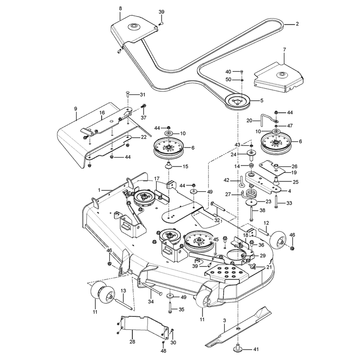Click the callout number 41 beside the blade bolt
(256, 349)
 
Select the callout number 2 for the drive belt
(297, 24)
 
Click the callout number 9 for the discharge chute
(76, 109)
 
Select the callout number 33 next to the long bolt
(289, 203)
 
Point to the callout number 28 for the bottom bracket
(132, 342)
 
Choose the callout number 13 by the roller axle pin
(123, 291)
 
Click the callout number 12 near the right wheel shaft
(266, 223)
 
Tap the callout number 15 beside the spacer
(185, 166)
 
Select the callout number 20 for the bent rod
(249, 121)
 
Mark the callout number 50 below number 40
(228, 80)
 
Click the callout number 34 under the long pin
(151, 301)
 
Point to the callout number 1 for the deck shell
(99, 190)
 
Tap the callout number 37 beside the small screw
(144, 117)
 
